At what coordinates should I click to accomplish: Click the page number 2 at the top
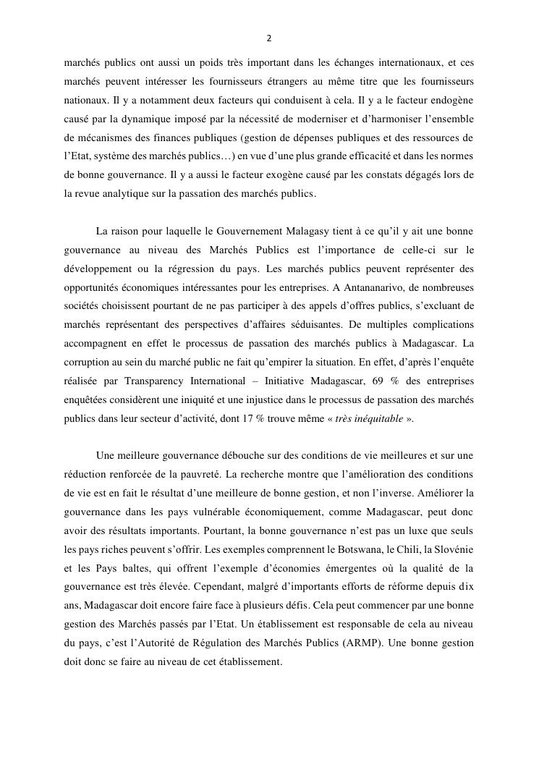(x=269, y=38)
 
